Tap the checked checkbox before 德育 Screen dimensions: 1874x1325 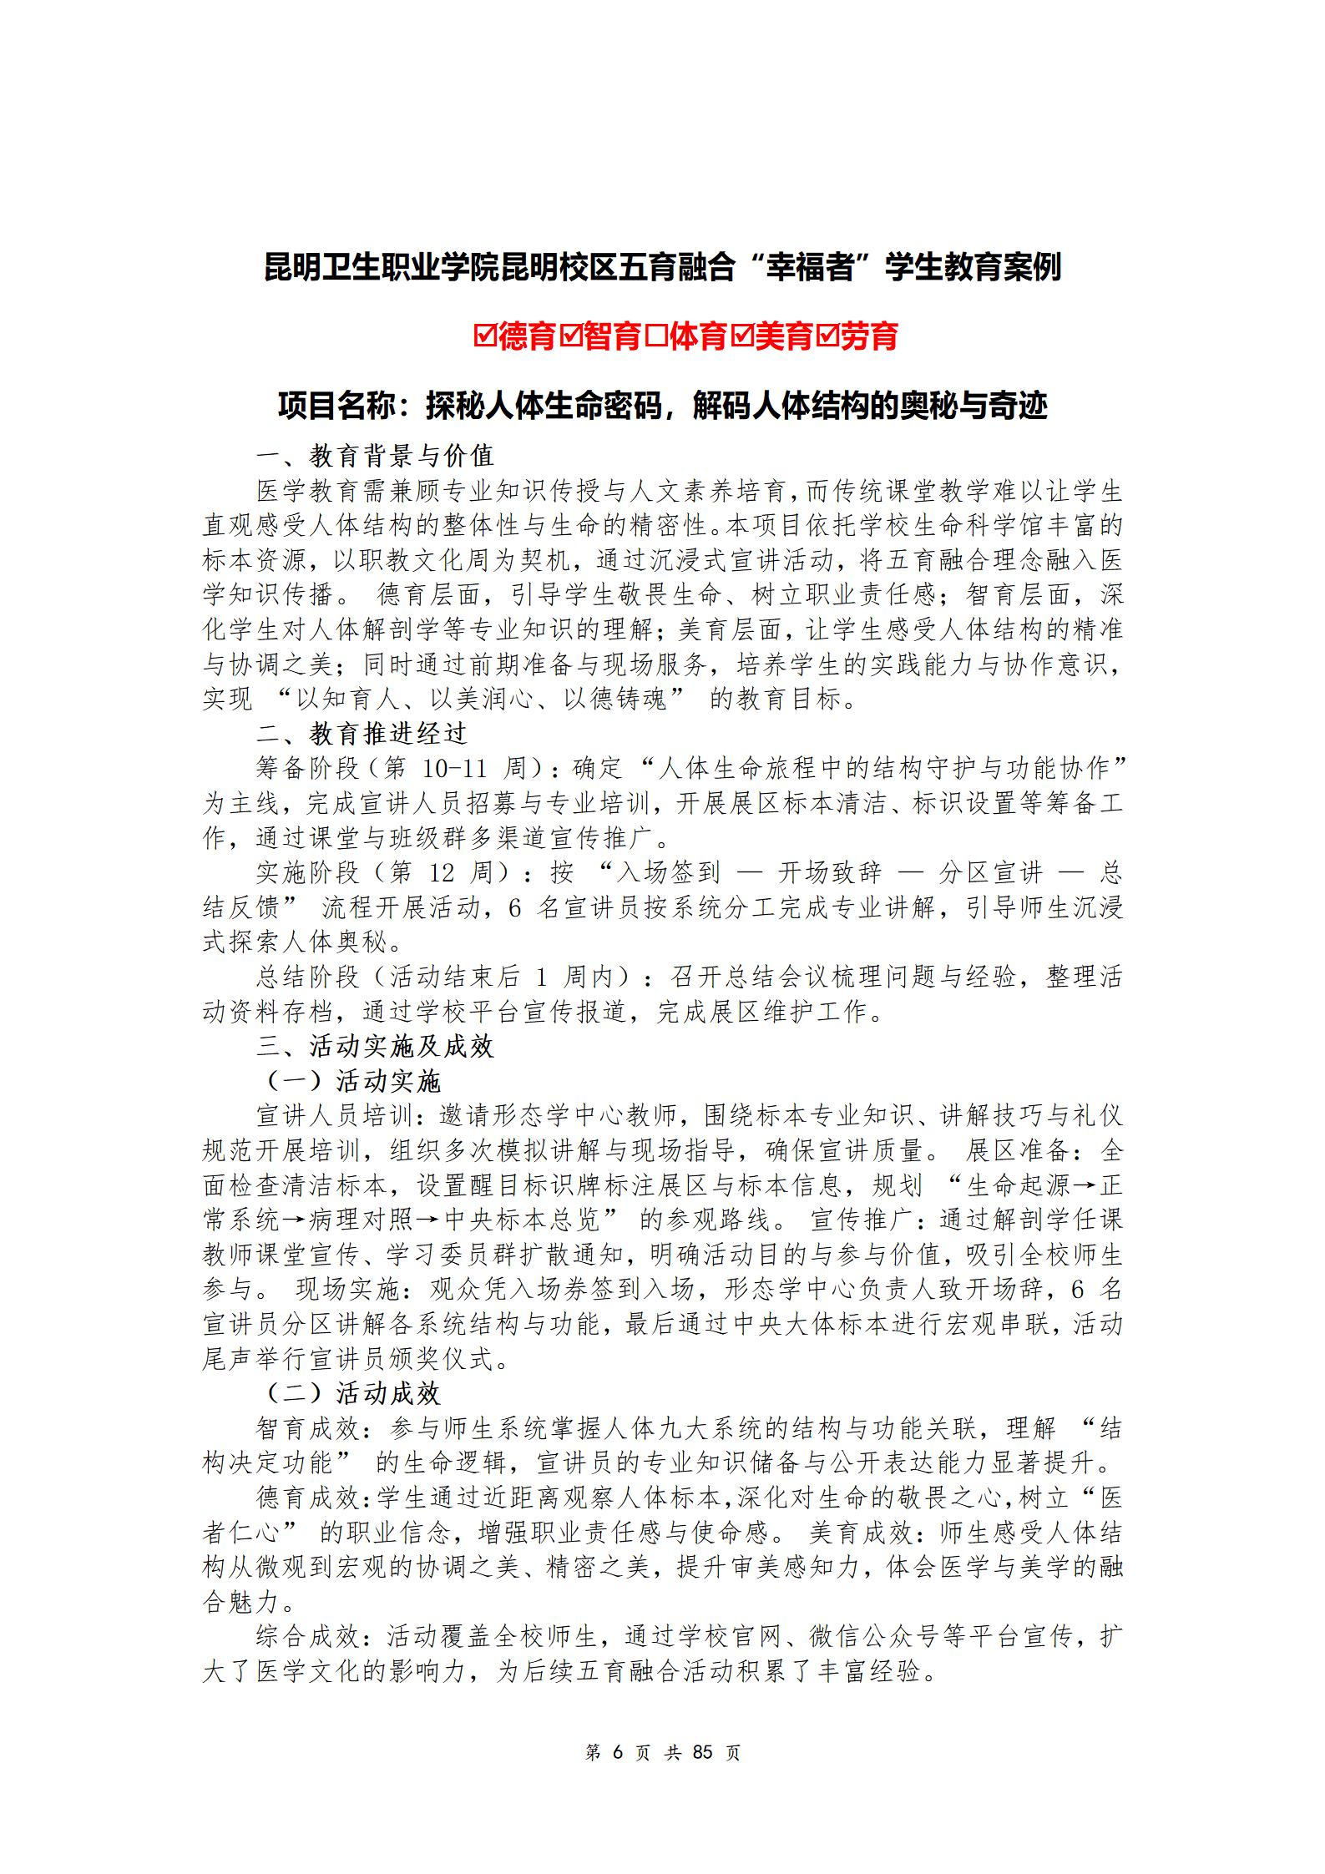(x=484, y=336)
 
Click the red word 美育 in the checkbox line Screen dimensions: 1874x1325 (x=783, y=336)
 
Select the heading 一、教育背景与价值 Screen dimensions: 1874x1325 (x=375, y=456)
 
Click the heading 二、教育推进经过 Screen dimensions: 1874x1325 (x=375, y=734)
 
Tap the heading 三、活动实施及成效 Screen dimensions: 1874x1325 (x=375, y=1047)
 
